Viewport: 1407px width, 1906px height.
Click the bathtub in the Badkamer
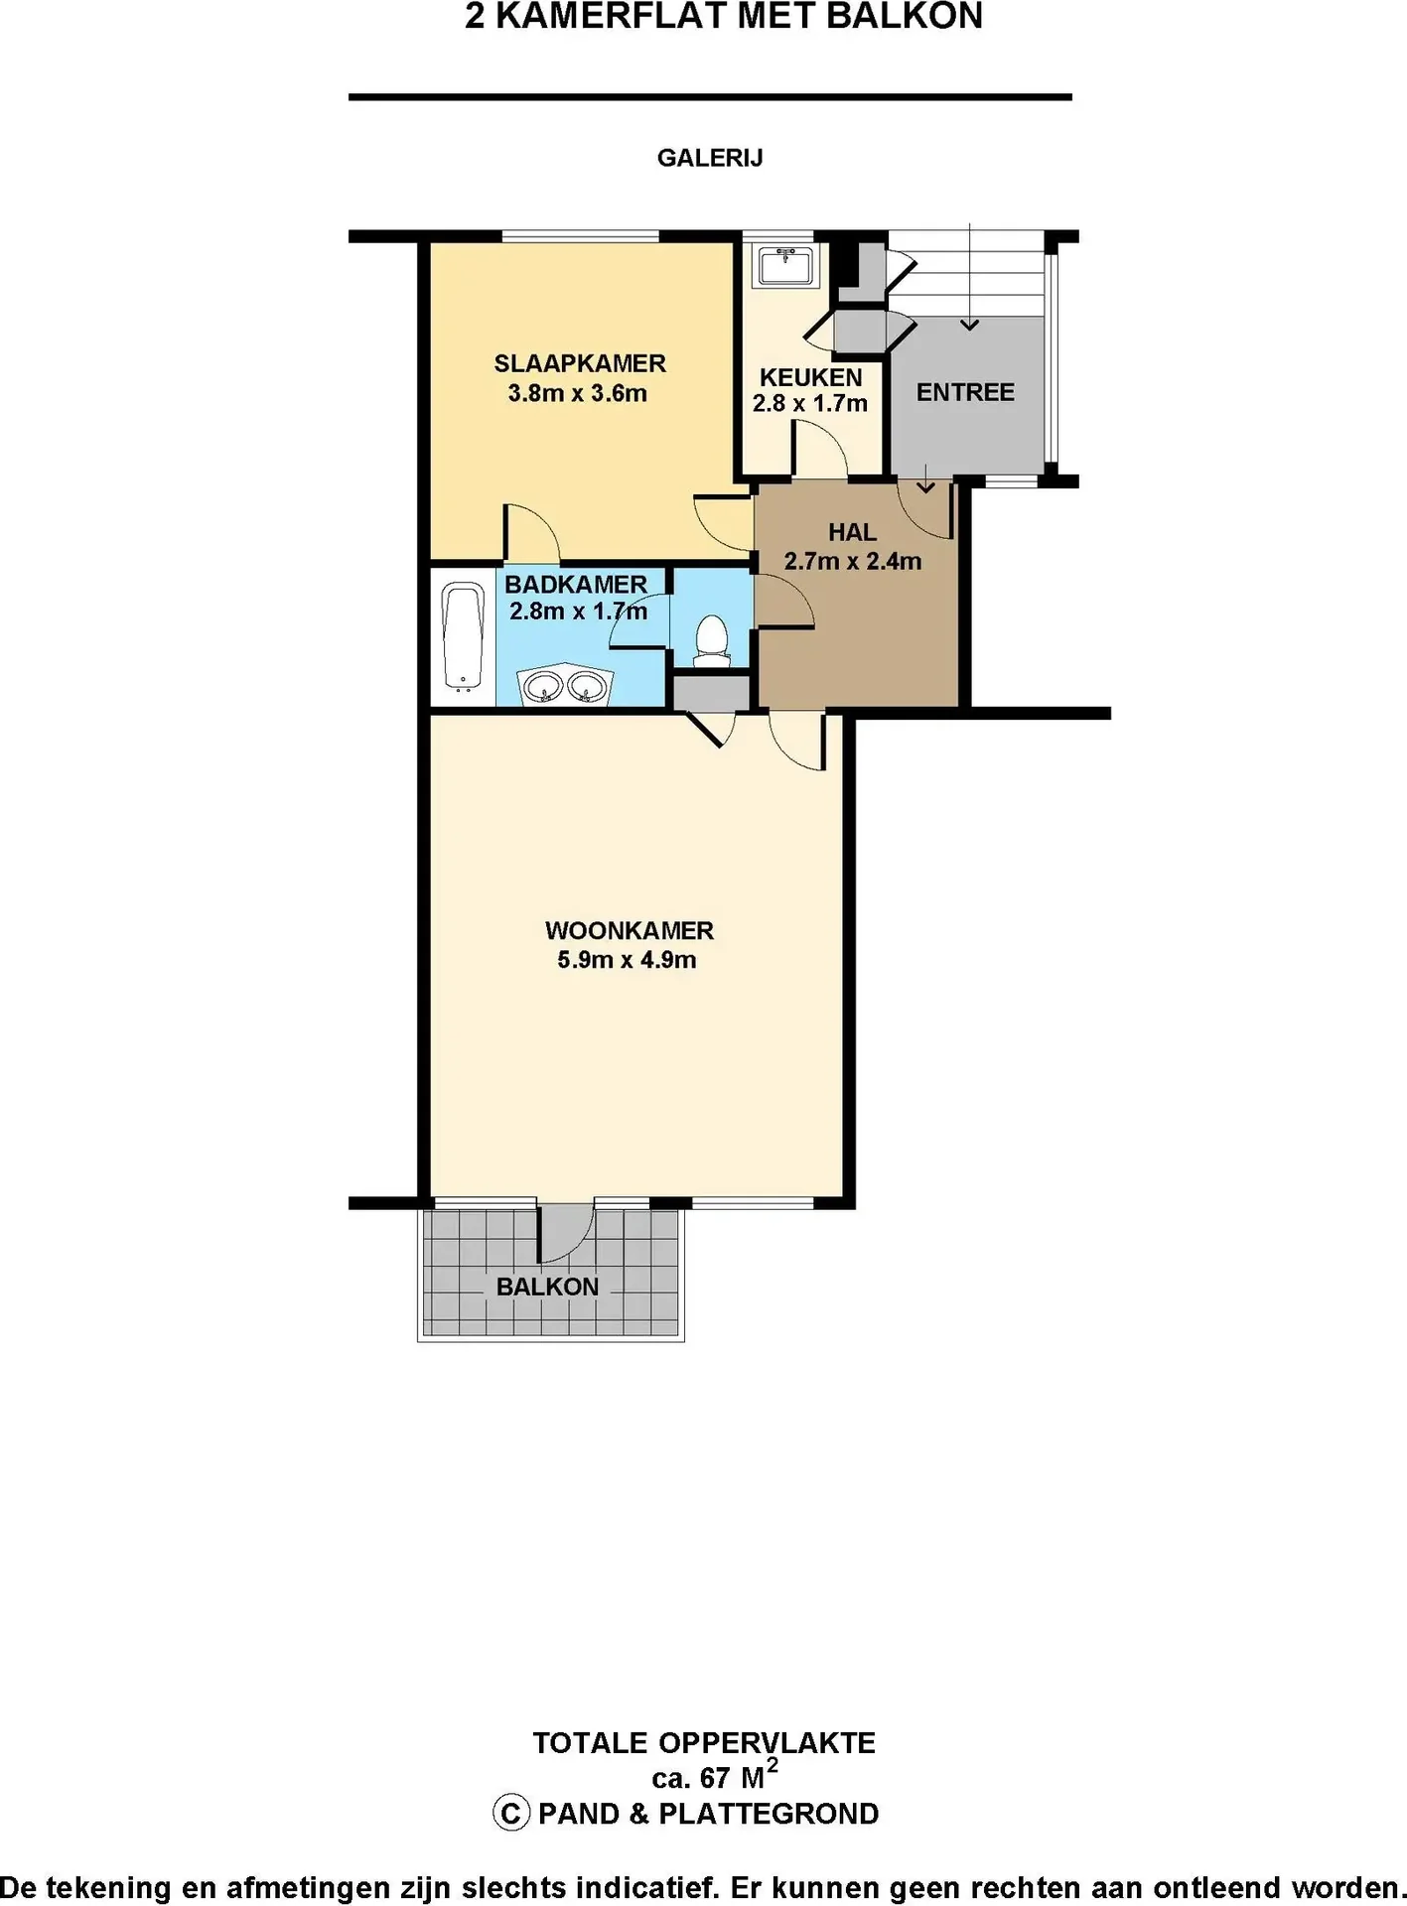click(462, 636)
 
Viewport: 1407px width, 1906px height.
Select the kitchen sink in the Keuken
click(785, 266)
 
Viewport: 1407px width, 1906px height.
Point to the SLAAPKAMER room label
click(580, 363)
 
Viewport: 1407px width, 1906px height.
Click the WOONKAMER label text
click(630, 931)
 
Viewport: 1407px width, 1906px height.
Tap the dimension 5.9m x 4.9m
click(627, 960)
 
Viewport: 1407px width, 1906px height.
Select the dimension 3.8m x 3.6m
click(578, 393)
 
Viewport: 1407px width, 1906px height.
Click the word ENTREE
click(965, 392)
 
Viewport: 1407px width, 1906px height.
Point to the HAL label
click(852, 532)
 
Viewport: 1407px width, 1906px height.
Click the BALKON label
click(547, 1287)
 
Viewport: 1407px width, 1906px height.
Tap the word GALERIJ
click(710, 158)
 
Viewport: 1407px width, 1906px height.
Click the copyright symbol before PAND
click(510, 1814)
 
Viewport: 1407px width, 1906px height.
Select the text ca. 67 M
click(708, 1778)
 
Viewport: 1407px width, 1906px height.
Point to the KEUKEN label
click(810, 377)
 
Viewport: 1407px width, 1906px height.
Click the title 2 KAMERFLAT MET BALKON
click(724, 16)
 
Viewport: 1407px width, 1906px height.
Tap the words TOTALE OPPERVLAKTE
click(704, 1743)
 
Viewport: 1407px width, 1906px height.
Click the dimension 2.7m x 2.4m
click(853, 561)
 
